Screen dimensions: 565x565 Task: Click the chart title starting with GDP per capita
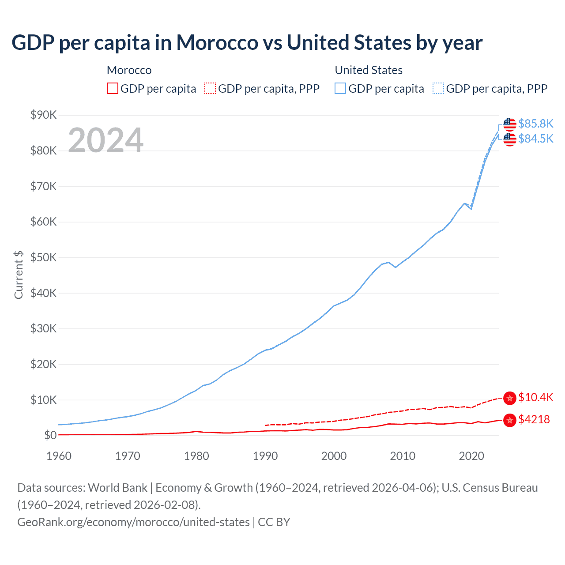pyautogui.click(x=247, y=43)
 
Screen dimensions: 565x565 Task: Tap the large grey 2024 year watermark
pyautogui.click(x=105, y=140)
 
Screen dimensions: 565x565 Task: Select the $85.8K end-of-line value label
pyautogui.click(x=535, y=124)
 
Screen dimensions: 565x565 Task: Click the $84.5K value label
pyautogui.click(x=535, y=139)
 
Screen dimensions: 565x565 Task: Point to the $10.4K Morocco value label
pyautogui.click(x=535, y=397)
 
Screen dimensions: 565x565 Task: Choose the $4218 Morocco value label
pyautogui.click(x=534, y=419)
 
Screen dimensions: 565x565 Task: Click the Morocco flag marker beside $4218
pyautogui.click(x=510, y=420)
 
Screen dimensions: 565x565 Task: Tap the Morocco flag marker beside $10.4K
pyautogui.click(x=510, y=398)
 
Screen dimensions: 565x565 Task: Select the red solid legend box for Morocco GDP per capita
pyautogui.click(x=113, y=88)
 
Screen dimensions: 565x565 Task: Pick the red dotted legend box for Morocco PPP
pyautogui.click(x=210, y=88)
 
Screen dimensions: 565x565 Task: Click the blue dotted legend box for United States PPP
pyautogui.click(x=438, y=88)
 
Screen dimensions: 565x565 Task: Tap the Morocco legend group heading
pyautogui.click(x=129, y=70)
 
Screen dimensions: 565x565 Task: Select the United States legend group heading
pyautogui.click(x=369, y=70)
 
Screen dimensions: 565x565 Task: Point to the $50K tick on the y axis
pyautogui.click(x=43, y=257)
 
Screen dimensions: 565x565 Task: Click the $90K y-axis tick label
pyautogui.click(x=43, y=115)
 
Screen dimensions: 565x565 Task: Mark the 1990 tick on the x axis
pyautogui.click(x=265, y=456)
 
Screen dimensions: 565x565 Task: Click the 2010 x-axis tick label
pyautogui.click(x=403, y=456)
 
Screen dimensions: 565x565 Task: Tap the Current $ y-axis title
pyautogui.click(x=19, y=275)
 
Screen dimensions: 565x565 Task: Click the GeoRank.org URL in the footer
pyautogui.click(x=133, y=522)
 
